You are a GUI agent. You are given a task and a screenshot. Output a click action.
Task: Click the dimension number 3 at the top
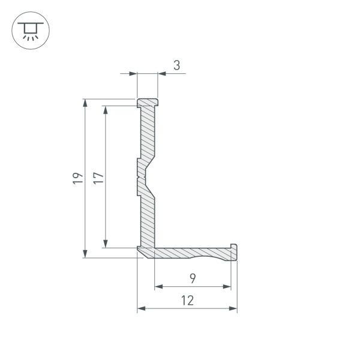tap(176, 65)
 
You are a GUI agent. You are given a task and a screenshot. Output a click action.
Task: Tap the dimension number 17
tap(98, 178)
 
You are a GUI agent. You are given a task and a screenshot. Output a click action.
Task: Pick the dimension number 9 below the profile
tap(192, 278)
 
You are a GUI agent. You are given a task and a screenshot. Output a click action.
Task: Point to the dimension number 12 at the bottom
tap(187, 301)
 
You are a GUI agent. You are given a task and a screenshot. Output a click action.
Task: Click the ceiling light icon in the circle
tap(28, 31)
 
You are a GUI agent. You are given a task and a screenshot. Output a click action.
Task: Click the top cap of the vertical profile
tap(148, 103)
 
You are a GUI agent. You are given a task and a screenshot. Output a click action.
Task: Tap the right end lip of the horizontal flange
tap(234, 253)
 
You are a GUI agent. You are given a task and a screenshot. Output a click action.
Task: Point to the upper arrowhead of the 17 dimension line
tap(106, 110)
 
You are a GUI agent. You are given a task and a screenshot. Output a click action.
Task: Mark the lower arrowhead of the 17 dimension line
tap(106, 243)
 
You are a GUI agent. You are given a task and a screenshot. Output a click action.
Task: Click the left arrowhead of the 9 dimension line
tap(158, 287)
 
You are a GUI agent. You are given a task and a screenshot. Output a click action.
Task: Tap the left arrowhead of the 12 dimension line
tap(142, 309)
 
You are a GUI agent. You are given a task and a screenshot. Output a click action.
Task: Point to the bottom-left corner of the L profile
tap(139, 255)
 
